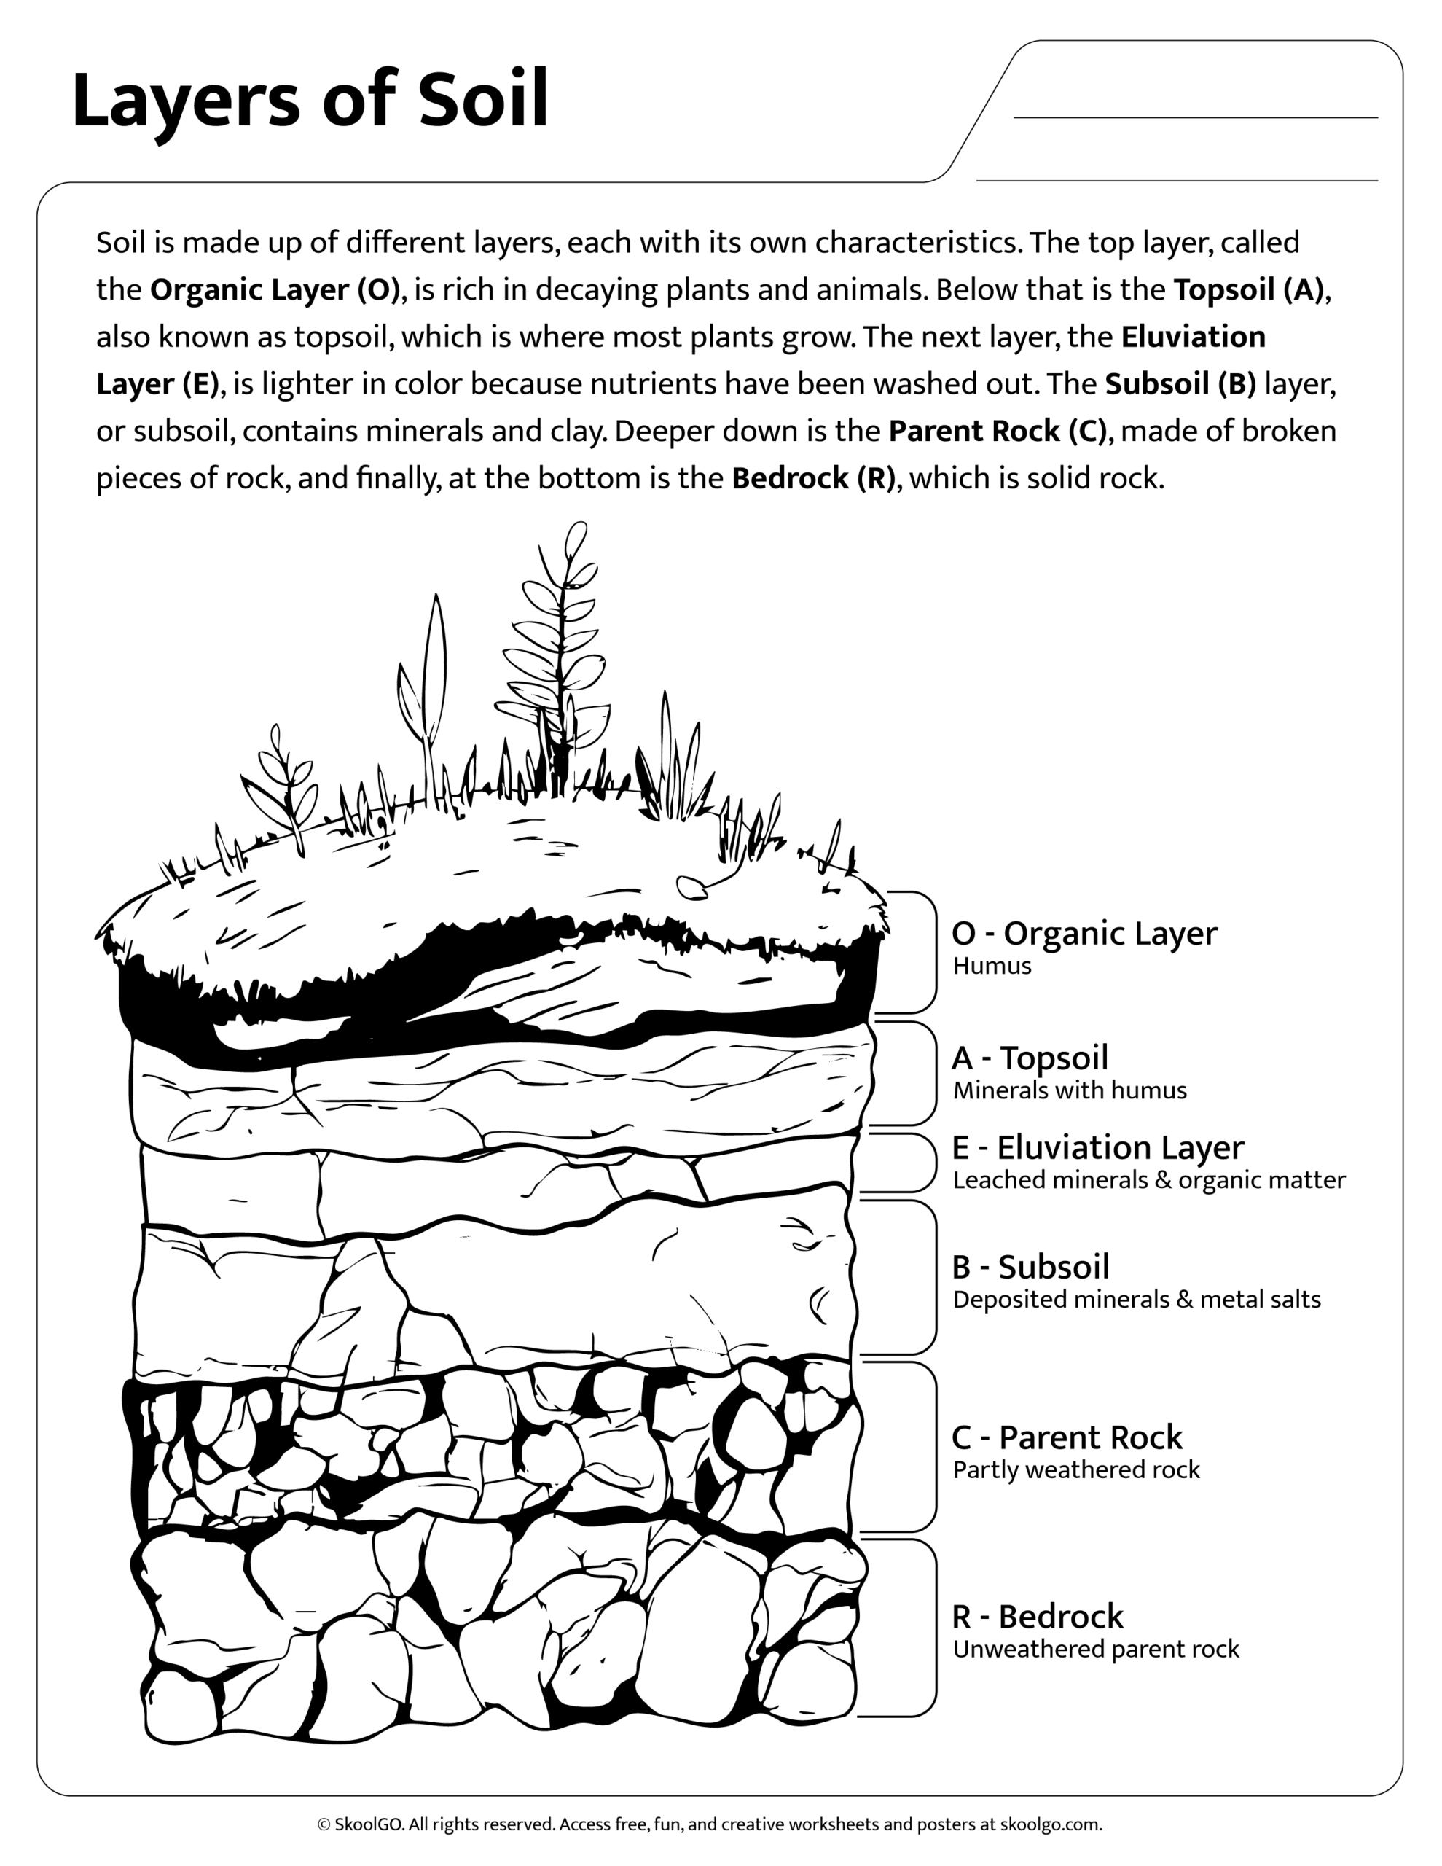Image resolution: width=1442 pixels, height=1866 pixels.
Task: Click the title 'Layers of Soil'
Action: [x=309, y=101]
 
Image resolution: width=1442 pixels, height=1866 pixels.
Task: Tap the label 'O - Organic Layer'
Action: [x=1084, y=933]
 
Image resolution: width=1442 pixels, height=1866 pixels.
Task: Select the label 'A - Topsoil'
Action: [x=1030, y=1058]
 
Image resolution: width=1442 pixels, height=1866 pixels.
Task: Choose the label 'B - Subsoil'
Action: [x=1030, y=1267]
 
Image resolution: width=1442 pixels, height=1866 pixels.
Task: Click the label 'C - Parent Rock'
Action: [x=1066, y=1438]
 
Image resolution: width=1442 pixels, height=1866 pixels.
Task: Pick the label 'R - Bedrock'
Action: [x=1037, y=1617]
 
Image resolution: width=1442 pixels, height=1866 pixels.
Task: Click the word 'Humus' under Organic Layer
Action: [x=992, y=967]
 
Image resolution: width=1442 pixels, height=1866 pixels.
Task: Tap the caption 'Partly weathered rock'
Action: [x=1075, y=1469]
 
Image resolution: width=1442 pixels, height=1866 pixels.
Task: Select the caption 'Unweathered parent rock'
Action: [x=1095, y=1649]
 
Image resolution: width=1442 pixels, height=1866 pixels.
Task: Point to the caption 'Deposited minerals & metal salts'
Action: [x=1136, y=1300]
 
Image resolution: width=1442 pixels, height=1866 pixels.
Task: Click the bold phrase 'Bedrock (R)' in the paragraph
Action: [x=813, y=478]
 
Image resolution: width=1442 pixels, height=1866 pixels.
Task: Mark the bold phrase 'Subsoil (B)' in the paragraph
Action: [x=1180, y=384]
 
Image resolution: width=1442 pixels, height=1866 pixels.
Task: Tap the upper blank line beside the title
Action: [x=1195, y=117]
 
